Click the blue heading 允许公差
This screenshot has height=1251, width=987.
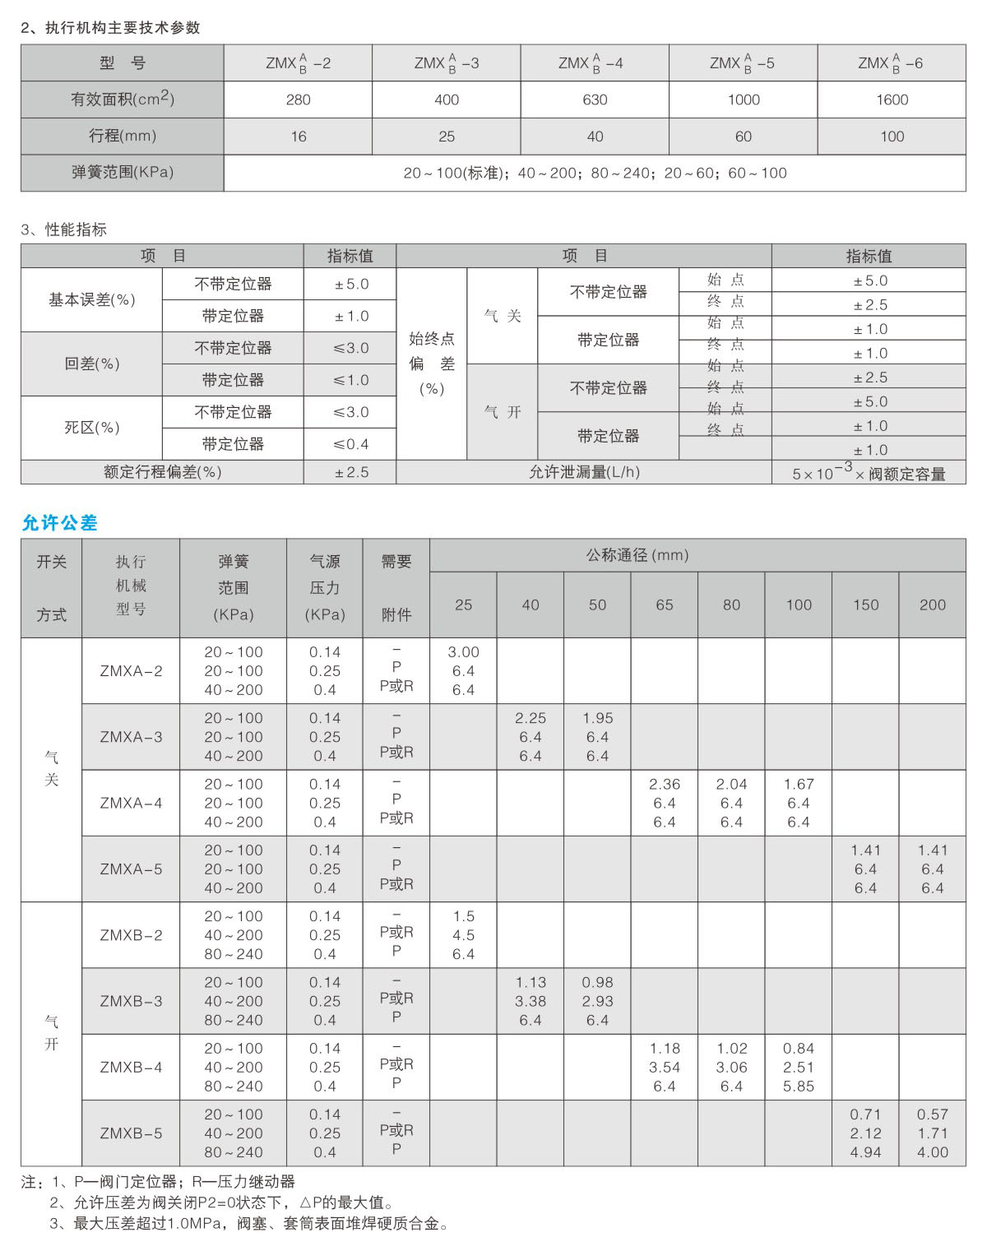click(x=59, y=522)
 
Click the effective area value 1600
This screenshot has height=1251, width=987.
click(x=892, y=100)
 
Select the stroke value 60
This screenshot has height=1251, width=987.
click(x=743, y=137)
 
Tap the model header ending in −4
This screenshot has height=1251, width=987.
click(x=591, y=63)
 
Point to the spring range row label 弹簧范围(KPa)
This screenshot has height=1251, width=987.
click(x=123, y=173)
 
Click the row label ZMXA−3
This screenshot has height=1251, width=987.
click(x=131, y=737)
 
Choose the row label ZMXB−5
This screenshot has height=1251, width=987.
click(x=131, y=1133)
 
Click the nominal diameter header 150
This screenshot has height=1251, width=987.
click(x=865, y=605)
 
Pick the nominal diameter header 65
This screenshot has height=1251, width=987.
click(x=664, y=605)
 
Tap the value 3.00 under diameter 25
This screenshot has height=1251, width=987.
click(x=463, y=652)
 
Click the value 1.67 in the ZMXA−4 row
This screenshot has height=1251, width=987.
click(x=798, y=784)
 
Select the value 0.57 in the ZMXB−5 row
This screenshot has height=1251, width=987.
click(x=932, y=1114)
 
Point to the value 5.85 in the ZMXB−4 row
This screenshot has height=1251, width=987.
click(x=798, y=1087)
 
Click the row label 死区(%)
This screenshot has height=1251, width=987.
click(x=91, y=428)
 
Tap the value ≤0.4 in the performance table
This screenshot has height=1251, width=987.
click(x=350, y=444)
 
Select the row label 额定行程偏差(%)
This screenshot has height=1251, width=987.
click(x=162, y=472)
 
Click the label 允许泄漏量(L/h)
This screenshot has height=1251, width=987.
click(x=583, y=472)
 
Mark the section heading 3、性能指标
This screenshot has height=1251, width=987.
click(x=64, y=229)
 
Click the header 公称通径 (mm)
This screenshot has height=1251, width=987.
click(x=637, y=555)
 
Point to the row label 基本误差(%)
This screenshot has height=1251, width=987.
click(x=91, y=299)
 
